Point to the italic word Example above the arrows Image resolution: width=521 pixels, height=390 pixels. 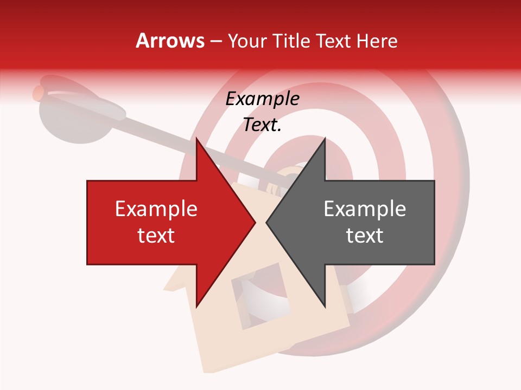pyautogui.click(x=262, y=99)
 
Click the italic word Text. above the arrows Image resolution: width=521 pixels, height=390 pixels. pyautogui.click(x=262, y=125)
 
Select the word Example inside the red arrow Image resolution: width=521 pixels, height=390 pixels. pyautogui.click(x=156, y=209)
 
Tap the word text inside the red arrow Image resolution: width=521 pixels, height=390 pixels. pyautogui.click(x=156, y=236)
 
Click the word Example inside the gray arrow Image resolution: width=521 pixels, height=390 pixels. pyautogui.click(x=365, y=209)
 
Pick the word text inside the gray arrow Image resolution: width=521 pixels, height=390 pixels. pyautogui.click(x=365, y=236)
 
